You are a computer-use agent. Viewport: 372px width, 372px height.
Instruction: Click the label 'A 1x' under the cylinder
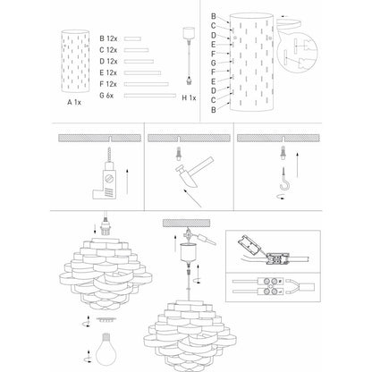(74, 102)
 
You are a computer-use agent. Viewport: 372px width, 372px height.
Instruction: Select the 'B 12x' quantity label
(108, 38)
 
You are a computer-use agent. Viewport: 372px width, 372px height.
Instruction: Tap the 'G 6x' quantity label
(106, 96)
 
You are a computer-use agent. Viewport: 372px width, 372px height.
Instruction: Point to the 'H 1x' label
(189, 97)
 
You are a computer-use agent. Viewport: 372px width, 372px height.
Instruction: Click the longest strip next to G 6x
(150, 96)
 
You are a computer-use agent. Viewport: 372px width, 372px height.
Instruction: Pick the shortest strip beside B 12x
(132, 38)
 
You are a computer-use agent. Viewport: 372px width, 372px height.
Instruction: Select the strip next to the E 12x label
(142, 72)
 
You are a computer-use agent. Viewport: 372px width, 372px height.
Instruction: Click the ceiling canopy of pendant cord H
(189, 32)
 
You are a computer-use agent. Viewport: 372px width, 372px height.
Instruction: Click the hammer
(194, 172)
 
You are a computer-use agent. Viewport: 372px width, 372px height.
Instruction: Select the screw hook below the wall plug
(284, 179)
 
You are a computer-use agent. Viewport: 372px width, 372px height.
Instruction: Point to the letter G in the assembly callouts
(213, 63)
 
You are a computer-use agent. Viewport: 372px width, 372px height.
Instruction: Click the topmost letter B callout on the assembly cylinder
(214, 16)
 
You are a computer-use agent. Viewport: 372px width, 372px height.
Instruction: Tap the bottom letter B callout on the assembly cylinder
(214, 110)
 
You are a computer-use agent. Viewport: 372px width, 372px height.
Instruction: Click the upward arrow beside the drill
(127, 182)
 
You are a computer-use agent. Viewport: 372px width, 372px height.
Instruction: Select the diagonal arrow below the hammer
(192, 198)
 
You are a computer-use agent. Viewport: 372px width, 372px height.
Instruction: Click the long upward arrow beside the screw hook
(297, 165)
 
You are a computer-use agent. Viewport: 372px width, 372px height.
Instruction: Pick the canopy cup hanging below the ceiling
(189, 253)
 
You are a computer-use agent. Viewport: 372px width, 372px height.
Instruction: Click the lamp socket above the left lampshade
(105, 228)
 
